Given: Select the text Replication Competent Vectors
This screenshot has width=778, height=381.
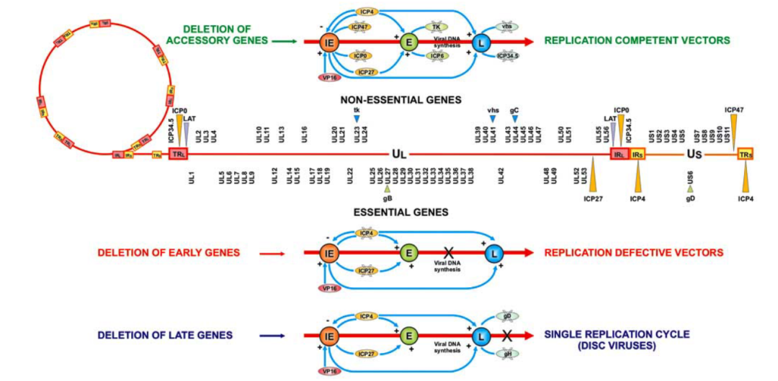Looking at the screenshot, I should point(638,41).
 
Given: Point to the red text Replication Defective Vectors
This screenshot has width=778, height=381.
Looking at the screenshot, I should point(634,253).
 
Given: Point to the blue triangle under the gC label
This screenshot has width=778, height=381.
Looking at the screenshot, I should point(514,119).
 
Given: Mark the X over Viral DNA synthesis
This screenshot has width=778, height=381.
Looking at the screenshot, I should point(447,253).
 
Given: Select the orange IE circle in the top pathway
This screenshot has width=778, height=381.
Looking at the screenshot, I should point(328,42).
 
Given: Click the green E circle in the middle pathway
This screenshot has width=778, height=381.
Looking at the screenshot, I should point(408,253).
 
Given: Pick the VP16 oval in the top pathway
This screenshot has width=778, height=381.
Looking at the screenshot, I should point(328,75).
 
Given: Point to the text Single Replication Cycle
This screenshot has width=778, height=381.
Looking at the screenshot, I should point(617,334).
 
